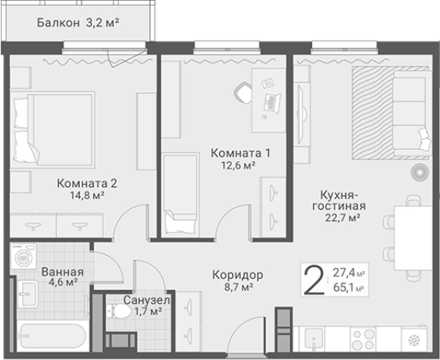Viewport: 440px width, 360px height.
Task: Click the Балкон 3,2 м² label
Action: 78,22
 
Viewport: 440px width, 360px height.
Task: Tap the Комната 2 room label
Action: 86,184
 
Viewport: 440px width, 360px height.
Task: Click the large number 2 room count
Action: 312,280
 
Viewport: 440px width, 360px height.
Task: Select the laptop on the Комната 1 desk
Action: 272,101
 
